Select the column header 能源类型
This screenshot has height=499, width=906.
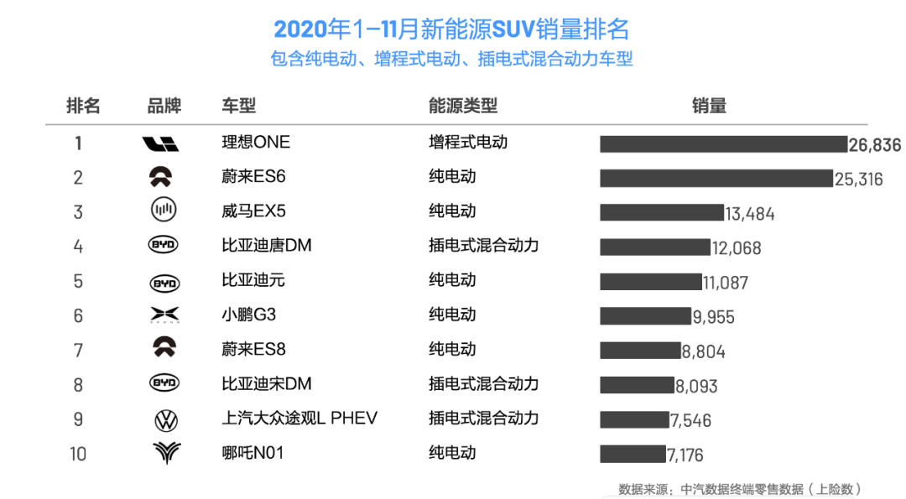[463, 106]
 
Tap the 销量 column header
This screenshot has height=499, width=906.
[709, 106]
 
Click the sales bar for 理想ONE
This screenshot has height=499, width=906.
[723, 144]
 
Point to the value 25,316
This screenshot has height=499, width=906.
[858, 179]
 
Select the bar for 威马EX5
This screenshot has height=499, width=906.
[661, 212]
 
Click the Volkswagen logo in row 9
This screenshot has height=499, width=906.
[165, 419]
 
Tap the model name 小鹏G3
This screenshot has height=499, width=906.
[248, 315]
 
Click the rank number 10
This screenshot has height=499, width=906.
[78, 454]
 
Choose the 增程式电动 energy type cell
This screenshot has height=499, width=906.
[468, 142]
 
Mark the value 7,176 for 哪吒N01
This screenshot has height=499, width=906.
[685, 455]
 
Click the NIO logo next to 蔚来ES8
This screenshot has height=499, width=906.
[164, 348]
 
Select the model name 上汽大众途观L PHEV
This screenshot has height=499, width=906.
[299, 418]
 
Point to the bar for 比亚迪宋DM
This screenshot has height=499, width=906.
[637, 385]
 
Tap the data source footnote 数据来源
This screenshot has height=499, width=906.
[740, 489]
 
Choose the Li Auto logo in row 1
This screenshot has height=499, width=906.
[161, 144]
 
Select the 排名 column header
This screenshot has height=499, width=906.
[83, 106]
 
